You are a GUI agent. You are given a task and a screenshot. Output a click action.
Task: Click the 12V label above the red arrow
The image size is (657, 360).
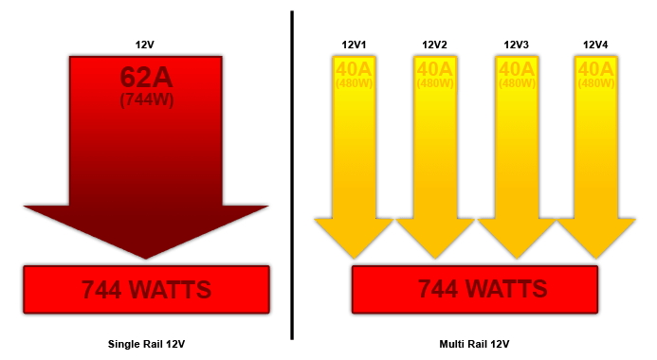coord(146,45)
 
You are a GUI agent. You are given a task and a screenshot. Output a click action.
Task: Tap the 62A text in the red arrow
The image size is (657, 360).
coord(146,77)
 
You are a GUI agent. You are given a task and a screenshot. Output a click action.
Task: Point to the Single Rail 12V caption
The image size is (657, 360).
coord(146,342)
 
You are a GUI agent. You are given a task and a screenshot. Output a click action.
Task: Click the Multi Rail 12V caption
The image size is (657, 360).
coord(475,342)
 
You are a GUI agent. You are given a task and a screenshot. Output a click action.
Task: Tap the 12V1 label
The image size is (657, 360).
coord(354,45)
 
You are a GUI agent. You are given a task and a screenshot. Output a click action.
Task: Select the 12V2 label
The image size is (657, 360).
coord(434,45)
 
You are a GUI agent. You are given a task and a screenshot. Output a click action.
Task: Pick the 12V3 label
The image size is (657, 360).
coord(516,45)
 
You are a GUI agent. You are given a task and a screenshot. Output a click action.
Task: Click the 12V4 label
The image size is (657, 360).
coord(595,45)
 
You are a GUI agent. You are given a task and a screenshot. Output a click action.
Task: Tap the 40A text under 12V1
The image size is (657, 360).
coord(354,69)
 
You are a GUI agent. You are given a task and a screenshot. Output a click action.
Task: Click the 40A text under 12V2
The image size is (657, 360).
coord(434,69)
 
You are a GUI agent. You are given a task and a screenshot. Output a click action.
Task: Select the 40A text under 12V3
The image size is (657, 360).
coord(516,69)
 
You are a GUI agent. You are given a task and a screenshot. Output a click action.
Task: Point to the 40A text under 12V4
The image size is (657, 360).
coord(595,69)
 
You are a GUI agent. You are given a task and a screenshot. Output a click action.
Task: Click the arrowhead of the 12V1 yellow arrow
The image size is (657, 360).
coord(354,237)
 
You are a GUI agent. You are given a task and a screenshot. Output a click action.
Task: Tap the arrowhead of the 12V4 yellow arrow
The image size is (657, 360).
coord(595,237)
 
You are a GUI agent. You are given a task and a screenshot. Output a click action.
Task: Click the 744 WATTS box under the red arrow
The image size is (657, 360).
coord(146,289)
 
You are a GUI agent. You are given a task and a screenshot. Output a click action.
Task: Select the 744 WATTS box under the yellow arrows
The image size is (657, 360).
coord(475,289)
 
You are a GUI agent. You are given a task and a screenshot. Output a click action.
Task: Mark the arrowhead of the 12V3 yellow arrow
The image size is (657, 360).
coord(516,237)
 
